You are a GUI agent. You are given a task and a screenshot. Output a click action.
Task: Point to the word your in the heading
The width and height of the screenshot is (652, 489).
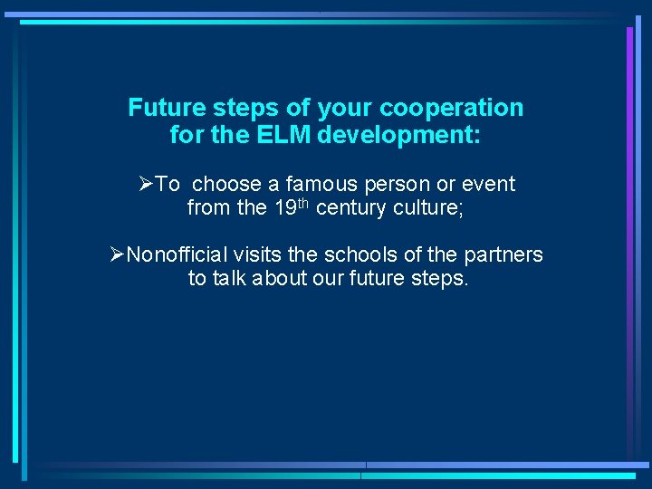tap(347, 109)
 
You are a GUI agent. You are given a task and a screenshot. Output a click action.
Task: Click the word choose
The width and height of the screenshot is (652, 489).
tap(226, 184)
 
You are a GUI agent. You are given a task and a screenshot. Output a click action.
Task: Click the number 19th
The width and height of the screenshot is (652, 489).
tap(290, 207)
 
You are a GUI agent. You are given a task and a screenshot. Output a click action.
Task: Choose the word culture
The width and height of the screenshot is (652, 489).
tap(433, 208)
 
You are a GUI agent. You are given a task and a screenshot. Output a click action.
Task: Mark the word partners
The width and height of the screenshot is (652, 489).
tap(503, 254)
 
